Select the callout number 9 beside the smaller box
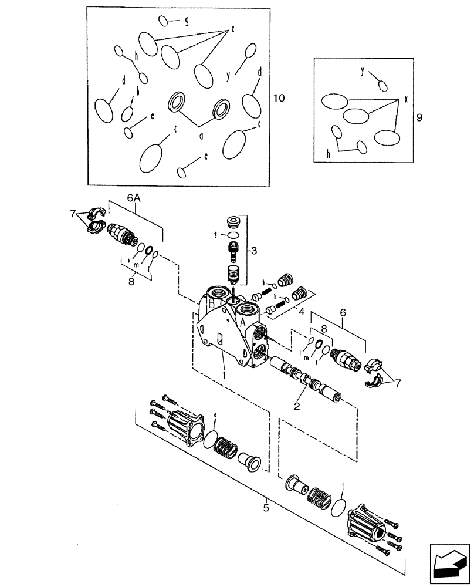pyautogui.click(x=418, y=117)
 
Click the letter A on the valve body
pyautogui.click(x=242, y=321)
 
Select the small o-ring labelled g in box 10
pyautogui.click(x=164, y=21)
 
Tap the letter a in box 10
pyautogui.click(x=201, y=136)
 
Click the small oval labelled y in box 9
pyautogui.click(x=382, y=86)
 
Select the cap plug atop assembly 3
pyautogui.click(x=233, y=224)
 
